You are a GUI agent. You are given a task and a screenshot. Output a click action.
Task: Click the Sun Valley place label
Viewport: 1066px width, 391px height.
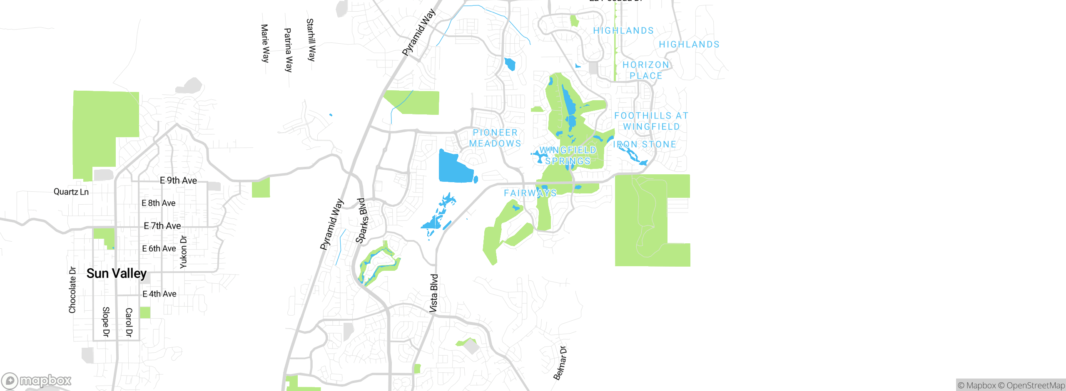tap(117, 273)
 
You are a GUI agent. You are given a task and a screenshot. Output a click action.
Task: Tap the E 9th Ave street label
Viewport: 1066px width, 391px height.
tap(178, 181)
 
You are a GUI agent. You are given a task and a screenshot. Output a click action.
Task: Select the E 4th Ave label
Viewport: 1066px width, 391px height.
tap(159, 294)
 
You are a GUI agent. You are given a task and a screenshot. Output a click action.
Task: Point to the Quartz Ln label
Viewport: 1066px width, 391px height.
tap(71, 192)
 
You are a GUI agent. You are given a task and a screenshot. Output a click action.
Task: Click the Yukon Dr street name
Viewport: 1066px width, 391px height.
tap(184, 252)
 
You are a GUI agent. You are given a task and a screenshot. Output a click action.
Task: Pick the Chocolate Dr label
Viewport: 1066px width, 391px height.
tap(72, 290)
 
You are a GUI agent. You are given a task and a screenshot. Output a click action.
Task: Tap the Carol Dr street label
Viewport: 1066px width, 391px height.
tap(129, 322)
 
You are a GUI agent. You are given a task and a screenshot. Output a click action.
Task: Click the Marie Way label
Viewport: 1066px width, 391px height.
tap(265, 43)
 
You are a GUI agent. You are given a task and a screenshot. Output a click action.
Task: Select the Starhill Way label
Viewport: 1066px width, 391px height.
tap(311, 40)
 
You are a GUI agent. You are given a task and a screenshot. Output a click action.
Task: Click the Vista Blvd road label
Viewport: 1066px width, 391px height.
tap(434, 293)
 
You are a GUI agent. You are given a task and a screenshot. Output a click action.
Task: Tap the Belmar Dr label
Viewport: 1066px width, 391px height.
tap(560, 363)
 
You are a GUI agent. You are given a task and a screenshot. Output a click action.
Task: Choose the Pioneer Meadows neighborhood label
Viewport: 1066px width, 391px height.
tap(495, 138)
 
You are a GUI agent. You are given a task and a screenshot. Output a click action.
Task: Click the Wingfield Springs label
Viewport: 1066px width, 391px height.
tap(568, 156)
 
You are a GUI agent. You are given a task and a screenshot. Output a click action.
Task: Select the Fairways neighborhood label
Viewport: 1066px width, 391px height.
tap(530, 193)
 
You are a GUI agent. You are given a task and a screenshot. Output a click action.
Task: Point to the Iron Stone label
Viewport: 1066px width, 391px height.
tap(645, 144)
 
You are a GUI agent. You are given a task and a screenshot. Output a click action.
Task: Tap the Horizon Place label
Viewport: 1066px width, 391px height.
tap(646, 70)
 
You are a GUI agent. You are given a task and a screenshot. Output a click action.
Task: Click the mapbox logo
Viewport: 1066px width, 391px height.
tap(37, 381)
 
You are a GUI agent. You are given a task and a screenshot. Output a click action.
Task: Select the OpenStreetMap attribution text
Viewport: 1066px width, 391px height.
tap(1035, 386)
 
